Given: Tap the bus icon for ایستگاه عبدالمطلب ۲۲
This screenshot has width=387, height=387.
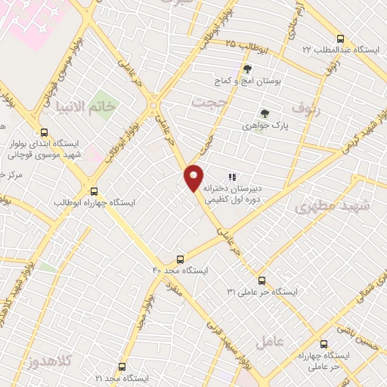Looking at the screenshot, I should (x=340, y=39).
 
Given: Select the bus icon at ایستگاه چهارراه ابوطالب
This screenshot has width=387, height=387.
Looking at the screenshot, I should (x=94, y=192).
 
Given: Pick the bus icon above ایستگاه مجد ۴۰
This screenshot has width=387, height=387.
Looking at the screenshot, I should (x=180, y=259).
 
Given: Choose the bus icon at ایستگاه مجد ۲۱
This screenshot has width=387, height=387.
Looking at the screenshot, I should (x=122, y=366).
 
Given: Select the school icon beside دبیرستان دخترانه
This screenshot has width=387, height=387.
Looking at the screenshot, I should (x=232, y=178).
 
